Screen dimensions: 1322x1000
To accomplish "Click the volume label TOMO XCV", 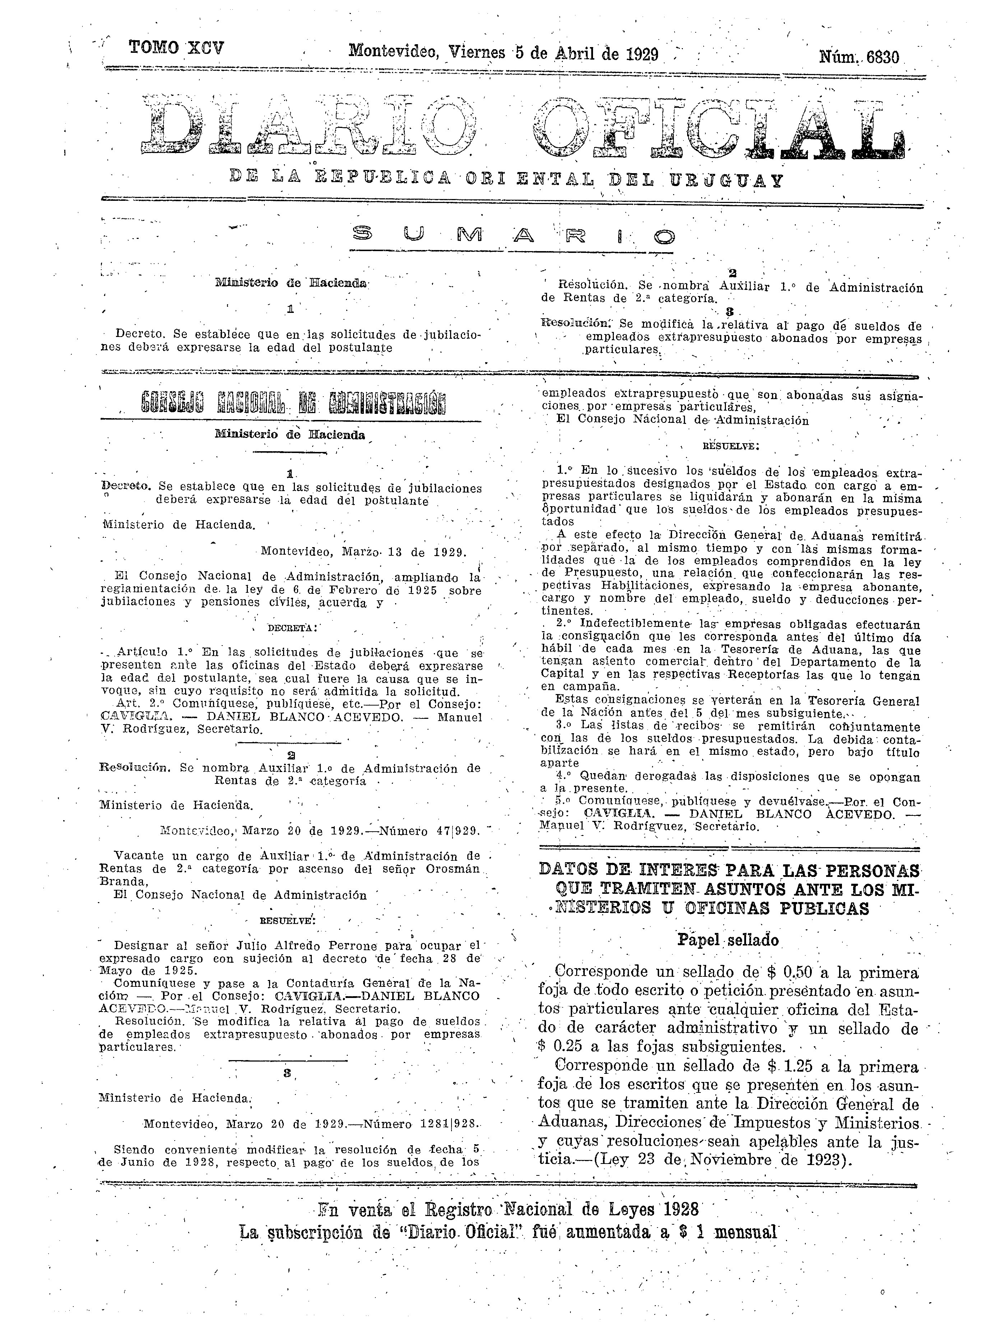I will point(176,48).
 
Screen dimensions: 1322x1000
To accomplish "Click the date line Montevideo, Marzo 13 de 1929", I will point(364,552).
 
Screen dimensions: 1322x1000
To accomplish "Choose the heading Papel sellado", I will point(728,940).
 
